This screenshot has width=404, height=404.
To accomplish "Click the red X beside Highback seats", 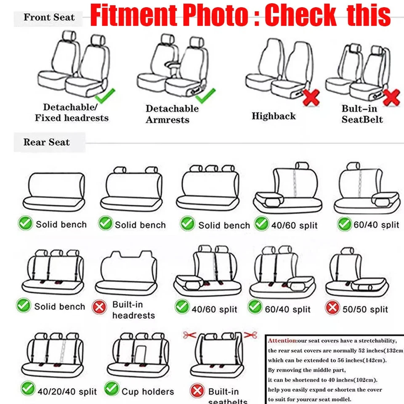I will tap(311, 98).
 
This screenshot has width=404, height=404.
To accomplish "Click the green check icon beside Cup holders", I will tap(112, 389).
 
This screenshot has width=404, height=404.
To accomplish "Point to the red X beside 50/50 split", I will tap(332, 308).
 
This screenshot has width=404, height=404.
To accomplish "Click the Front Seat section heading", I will tap(49, 18).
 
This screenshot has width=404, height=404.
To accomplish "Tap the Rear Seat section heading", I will tap(47, 142).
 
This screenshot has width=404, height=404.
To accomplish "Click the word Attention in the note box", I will tap(282, 340).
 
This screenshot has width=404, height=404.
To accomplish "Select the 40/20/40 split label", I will tap(67, 392).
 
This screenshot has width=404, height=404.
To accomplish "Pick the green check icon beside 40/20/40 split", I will tap(28, 389).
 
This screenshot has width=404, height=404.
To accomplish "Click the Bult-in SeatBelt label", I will tap(362, 114).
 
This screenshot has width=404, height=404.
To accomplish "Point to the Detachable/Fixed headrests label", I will tap(72, 113).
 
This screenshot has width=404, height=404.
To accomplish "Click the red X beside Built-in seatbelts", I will tap(197, 391).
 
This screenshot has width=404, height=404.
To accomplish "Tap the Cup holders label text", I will tap(147, 392).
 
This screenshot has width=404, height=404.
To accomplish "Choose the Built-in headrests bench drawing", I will tap(126, 273).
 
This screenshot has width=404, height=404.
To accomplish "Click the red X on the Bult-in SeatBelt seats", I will tap(392, 98).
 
